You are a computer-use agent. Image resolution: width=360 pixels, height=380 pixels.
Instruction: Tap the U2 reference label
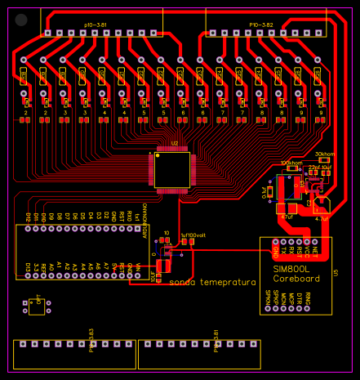pos(174,143)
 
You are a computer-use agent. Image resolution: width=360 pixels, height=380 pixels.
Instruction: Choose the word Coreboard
pos(291,279)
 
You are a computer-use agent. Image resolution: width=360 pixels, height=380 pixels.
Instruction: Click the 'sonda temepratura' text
pos(213,283)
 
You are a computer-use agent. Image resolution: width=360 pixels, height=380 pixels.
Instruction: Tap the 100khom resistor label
pos(291,163)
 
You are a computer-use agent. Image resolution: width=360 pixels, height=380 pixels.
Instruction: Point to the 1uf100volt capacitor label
pos(193,234)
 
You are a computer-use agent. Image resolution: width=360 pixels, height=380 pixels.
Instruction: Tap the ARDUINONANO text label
pos(145,221)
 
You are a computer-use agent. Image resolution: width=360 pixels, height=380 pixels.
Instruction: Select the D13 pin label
pos(28,269)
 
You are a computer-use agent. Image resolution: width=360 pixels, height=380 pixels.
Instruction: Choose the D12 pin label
pos(28,217)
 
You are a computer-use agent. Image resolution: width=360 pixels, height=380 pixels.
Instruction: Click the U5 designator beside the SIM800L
pos(335,271)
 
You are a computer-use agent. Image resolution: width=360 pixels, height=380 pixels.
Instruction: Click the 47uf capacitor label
pos(287,218)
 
